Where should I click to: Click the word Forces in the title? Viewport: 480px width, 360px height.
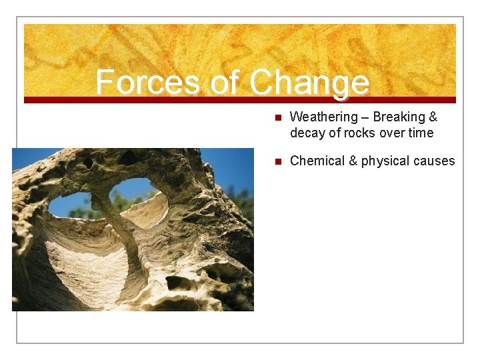pyautogui.click(x=147, y=83)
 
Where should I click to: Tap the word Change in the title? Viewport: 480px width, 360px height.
pyautogui.click(x=309, y=83)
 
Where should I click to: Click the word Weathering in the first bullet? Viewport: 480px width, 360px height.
pyautogui.click(x=323, y=117)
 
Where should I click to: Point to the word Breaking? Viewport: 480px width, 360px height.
pyautogui.click(x=401, y=117)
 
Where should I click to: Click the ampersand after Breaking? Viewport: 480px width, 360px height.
pyautogui.click(x=433, y=117)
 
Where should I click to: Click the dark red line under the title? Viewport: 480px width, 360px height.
pyautogui.click(x=240, y=100)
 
